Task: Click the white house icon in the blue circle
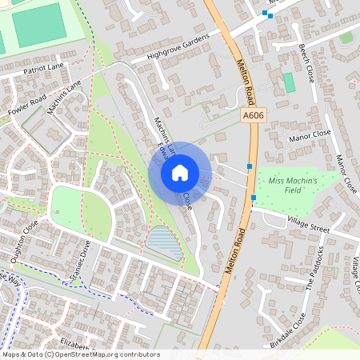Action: [179, 172]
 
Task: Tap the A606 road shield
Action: [253, 116]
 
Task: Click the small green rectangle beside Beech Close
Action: [288, 82]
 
